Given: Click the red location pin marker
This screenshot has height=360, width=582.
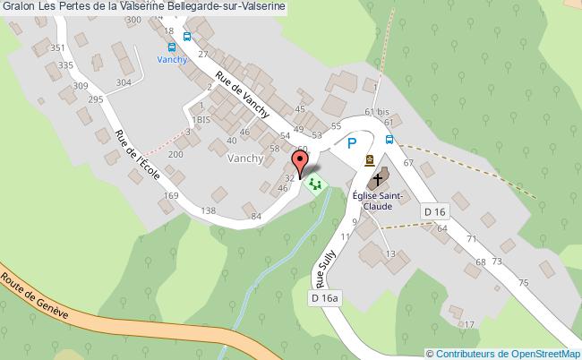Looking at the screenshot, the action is (x=302, y=162).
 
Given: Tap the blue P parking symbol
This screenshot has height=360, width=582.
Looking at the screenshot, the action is (x=352, y=142).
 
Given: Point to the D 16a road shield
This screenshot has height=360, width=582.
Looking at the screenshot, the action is (x=326, y=297).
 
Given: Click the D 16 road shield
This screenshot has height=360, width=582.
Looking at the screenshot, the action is (x=434, y=210).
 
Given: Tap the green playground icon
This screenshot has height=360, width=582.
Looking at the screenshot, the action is (x=314, y=184).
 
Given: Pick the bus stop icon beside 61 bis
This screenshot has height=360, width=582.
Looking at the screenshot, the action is (x=390, y=139).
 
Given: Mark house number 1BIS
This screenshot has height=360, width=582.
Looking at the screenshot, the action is (x=200, y=118).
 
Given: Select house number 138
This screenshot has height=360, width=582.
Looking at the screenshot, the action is (x=209, y=210).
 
